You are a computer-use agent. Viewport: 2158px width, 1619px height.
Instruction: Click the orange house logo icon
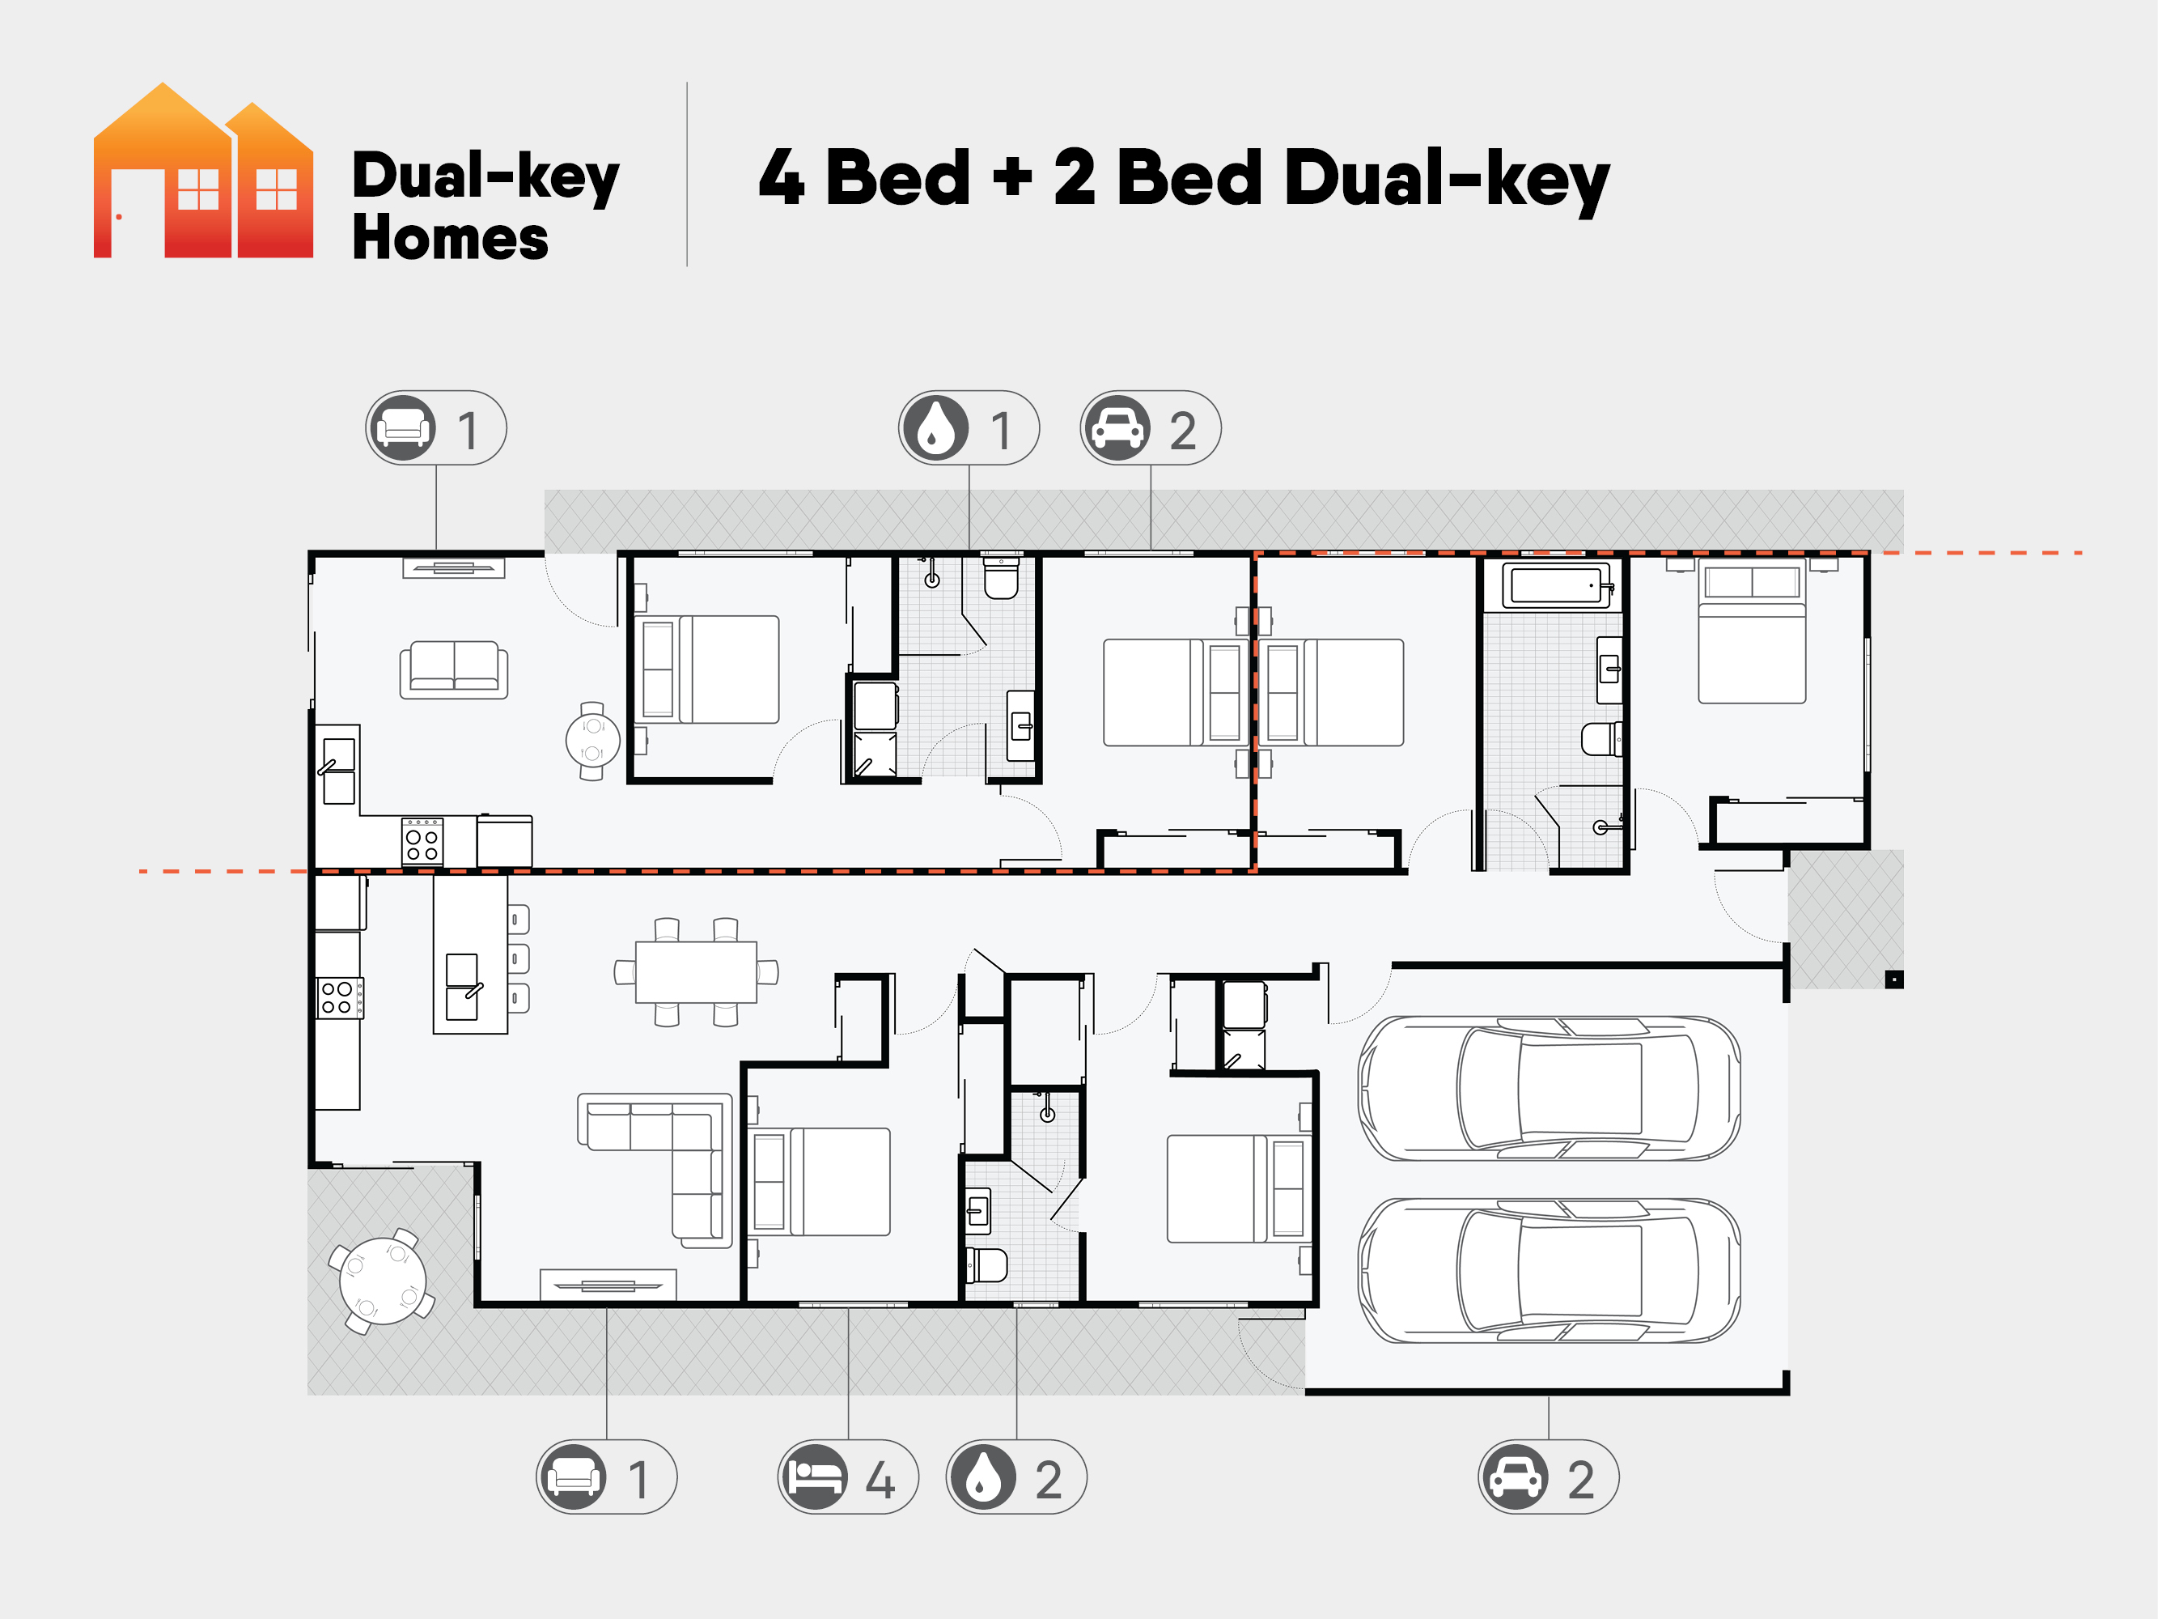[203, 171]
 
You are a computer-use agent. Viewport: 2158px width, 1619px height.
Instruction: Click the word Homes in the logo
[450, 238]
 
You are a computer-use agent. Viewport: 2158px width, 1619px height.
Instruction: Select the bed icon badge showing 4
[848, 1477]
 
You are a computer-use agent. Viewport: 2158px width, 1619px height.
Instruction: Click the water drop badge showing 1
[969, 428]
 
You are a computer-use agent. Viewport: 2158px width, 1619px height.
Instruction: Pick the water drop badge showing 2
[1016, 1477]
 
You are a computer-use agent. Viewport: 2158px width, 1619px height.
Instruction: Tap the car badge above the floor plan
[1151, 428]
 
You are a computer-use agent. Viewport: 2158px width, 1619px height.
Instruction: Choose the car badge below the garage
[1548, 1477]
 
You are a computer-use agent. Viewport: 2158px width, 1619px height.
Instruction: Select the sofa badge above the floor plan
[436, 428]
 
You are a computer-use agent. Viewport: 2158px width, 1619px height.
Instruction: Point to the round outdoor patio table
[383, 1281]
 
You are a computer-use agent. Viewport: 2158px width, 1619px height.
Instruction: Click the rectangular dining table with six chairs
[696, 972]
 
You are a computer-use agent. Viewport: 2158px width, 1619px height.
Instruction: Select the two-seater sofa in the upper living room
[454, 669]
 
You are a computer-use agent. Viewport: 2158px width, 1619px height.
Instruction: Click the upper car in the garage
[1550, 1088]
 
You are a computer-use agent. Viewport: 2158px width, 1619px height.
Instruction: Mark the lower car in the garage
[1550, 1271]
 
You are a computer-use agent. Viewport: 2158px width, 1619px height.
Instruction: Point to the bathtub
[1558, 585]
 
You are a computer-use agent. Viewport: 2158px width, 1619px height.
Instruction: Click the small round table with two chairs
[593, 741]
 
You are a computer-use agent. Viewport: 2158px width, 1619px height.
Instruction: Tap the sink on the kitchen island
[464, 987]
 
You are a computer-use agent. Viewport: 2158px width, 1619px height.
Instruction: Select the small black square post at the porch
[1893, 979]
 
